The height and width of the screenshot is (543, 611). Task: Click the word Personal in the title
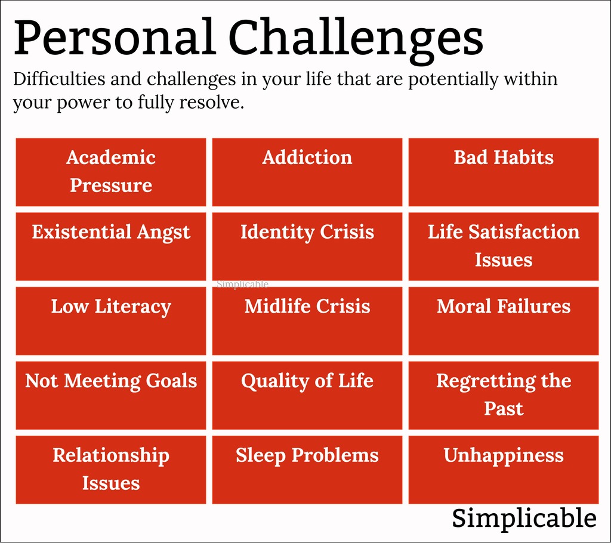pos(115,37)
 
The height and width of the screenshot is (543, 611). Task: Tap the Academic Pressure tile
pos(110,172)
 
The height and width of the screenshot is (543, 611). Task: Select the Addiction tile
pos(307,172)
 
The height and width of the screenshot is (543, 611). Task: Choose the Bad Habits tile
pos(504,172)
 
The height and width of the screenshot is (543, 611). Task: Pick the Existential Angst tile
pos(110,246)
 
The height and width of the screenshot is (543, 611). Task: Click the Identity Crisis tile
pos(307,246)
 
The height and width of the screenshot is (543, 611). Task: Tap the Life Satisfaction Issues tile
pos(504,246)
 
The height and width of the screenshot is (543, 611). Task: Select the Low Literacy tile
pos(110,321)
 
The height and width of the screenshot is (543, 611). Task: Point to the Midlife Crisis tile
pos(307,321)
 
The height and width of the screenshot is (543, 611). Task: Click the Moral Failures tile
pos(504,321)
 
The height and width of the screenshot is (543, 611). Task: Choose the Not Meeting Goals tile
pos(110,395)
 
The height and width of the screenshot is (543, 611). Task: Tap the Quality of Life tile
pos(307,395)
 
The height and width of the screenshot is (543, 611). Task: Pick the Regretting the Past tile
pos(504,395)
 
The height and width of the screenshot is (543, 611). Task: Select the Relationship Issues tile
pos(110,470)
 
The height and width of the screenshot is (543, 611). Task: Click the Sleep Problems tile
pos(307,470)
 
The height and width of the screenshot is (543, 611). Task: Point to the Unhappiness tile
pos(504,470)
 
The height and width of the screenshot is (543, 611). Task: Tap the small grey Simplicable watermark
pos(242,285)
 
